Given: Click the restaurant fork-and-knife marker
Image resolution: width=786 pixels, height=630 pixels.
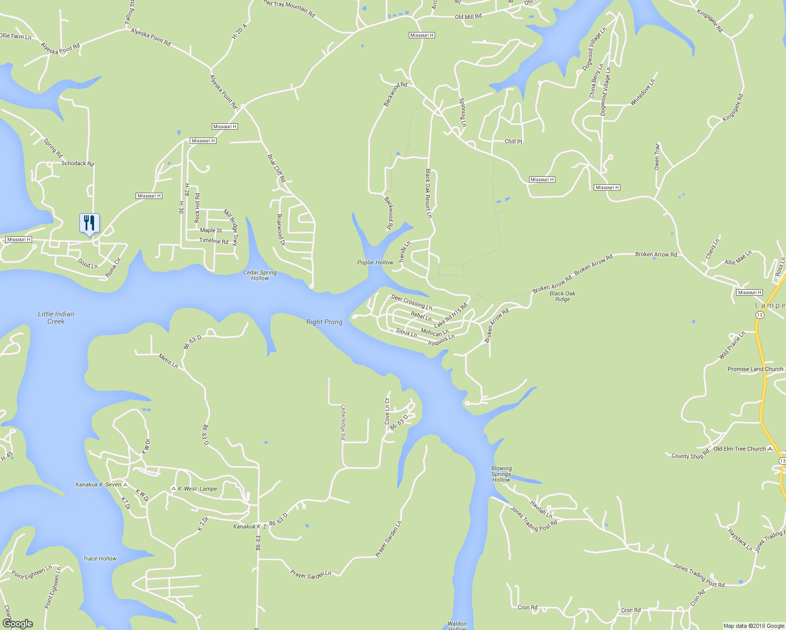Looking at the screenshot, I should [89, 224].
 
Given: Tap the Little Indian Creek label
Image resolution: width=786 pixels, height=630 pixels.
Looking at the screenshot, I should [56, 318].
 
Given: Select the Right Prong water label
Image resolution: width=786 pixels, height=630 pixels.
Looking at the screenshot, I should [324, 322].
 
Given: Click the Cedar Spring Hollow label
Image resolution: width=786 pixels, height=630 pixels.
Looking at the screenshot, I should [260, 276].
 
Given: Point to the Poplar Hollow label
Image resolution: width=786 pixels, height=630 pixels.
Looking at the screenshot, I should [375, 262].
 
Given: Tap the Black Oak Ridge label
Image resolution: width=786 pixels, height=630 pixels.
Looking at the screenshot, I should [562, 297].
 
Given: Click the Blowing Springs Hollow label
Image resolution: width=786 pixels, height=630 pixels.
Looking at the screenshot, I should [501, 474].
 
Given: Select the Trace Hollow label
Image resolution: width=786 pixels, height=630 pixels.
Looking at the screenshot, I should [100, 559].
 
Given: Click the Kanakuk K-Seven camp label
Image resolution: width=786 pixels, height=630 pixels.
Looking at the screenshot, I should [99, 485].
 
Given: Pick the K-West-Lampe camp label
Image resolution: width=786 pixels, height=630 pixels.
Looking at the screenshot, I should [197, 489].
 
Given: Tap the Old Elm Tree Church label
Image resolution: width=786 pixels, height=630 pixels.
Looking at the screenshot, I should [739, 449].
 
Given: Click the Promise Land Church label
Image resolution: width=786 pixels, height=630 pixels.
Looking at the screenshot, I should [755, 369].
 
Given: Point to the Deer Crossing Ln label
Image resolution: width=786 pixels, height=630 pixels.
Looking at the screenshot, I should [411, 302].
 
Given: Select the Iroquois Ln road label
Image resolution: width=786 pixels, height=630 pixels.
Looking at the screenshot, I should [441, 340].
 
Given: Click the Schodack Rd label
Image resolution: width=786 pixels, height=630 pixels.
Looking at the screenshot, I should [77, 163].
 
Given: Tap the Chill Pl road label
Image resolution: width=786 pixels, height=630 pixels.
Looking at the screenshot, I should [513, 142].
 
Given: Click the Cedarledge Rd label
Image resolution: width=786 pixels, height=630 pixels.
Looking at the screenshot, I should [343, 422].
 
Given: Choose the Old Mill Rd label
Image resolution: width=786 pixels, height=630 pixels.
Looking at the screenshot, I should [468, 17].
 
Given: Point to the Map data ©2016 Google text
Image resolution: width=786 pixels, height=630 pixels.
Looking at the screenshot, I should [753, 626].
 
